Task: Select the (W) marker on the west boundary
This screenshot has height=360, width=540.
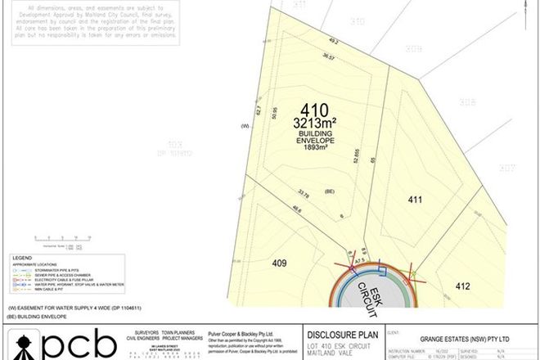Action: pyautogui.click(x=244, y=126)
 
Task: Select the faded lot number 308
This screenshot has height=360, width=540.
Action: pyautogui.click(x=467, y=102)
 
